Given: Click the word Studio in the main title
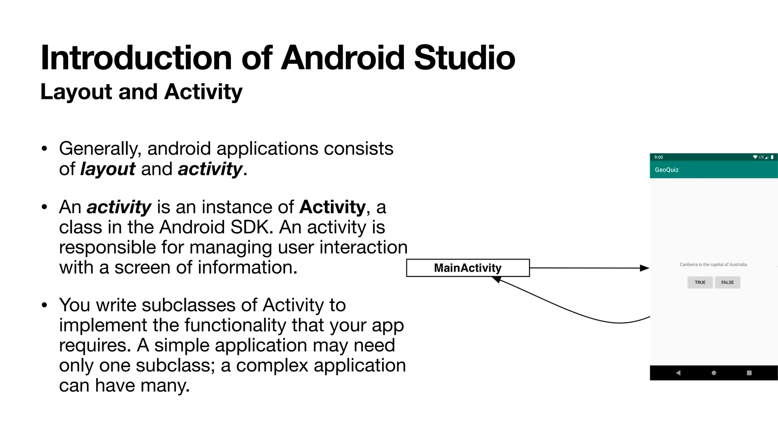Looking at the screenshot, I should [464, 58].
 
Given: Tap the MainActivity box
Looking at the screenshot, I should [468, 268].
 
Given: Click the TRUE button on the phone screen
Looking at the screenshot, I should [700, 282].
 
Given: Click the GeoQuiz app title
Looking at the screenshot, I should [667, 170].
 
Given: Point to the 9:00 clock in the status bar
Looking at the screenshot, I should [659, 157].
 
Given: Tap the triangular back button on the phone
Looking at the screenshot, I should [678, 373].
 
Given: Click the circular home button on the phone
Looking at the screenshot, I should [714, 373].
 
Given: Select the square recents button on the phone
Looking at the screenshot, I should [749, 373].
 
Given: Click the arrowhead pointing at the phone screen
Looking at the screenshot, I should [645, 268].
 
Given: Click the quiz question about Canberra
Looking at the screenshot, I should [713, 265].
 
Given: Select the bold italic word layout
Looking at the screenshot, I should [108, 169].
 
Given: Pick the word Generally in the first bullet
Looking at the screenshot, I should [100, 149].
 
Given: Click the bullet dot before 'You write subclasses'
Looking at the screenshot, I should [45, 305].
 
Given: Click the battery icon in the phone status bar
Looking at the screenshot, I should [772, 157].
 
